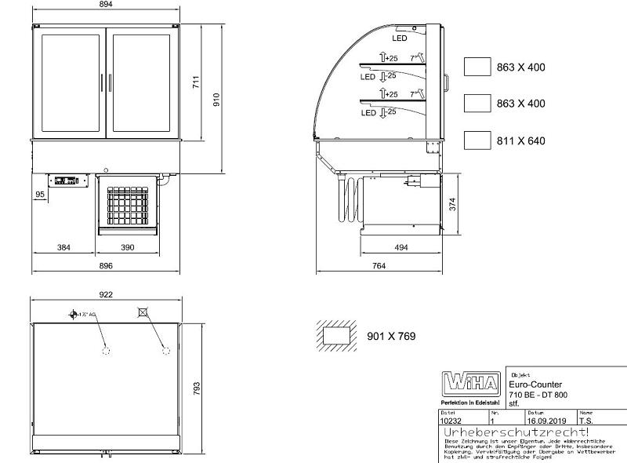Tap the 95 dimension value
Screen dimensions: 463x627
click(x=39, y=194)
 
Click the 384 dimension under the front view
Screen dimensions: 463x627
click(x=64, y=248)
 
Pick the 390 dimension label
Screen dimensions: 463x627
click(x=128, y=248)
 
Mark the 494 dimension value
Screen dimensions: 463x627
click(x=400, y=248)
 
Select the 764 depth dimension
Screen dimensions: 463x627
click(x=379, y=267)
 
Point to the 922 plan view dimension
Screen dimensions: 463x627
click(x=107, y=294)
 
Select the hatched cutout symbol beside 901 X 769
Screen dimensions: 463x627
click(x=337, y=336)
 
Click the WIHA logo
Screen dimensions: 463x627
click(x=470, y=383)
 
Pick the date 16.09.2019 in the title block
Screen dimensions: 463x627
click(x=546, y=421)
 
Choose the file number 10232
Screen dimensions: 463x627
click(x=451, y=421)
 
